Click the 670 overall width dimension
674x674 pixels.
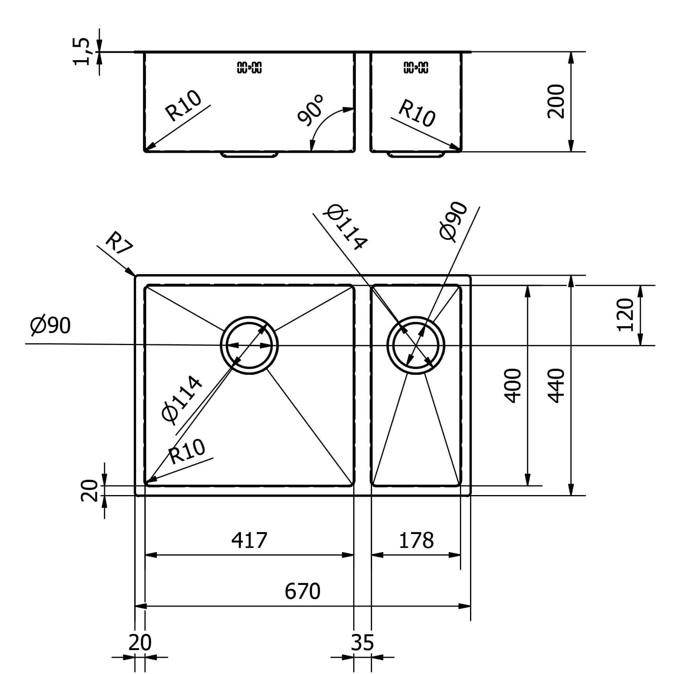(x=303, y=591)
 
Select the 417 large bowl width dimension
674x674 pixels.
(x=249, y=540)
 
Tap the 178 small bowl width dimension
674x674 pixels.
(x=416, y=540)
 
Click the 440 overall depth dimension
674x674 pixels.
(x=556, y=386)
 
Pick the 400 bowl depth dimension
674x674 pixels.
(x=513, y=386)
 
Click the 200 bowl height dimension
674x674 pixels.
(x=556, y=101)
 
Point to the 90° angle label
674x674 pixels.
(x=311, y=111)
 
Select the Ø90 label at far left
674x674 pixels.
(x=51, y=325)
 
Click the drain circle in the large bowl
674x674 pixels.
(x=249, y=345)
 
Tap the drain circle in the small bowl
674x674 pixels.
(x=416, y=345)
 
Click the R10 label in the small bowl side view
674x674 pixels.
(x=417, y=113)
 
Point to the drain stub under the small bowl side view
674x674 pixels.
(x=416, y=155)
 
